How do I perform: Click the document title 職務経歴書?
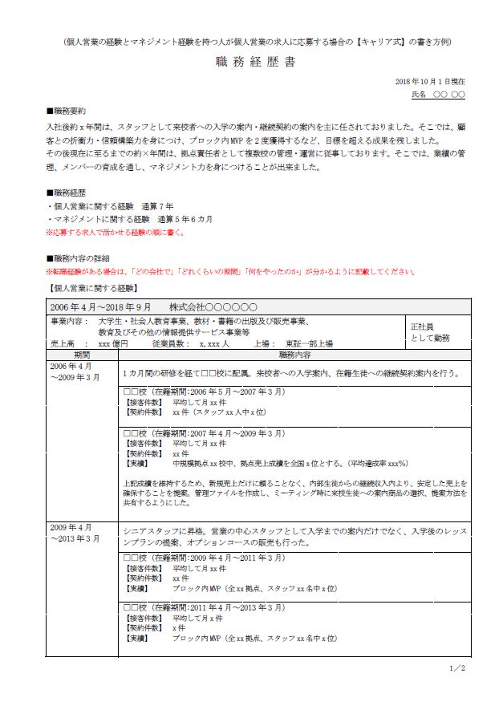[x=255, y=62]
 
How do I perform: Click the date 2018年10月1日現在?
[x=430, y=82]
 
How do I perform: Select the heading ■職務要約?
[x=66, y=111]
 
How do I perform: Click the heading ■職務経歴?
[x=66, y=193]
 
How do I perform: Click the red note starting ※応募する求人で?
[x=115, y=233]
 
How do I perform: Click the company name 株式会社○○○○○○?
[x=213, y=307]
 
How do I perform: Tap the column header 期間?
[x=83, y=354]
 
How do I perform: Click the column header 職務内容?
[x=295, y=354]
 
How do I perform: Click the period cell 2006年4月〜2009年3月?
[x=76, y=371]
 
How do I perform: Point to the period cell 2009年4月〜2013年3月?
[x=76, y=533]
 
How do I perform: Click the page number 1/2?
[x=458, y=667]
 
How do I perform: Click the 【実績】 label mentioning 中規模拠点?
[x=137, y=464]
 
